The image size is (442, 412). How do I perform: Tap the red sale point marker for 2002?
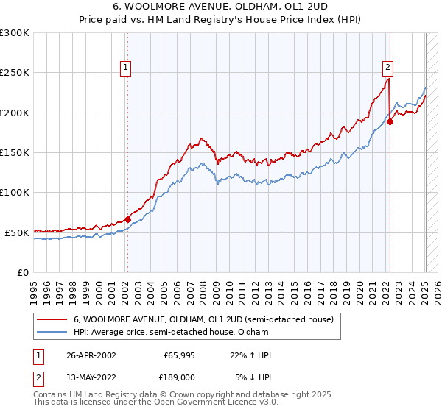point(127,219)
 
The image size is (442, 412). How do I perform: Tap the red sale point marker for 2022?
point(390,121)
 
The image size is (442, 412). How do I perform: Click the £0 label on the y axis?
point(23,272)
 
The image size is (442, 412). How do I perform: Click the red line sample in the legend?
point(52,320)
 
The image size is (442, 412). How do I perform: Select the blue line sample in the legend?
point(52,332)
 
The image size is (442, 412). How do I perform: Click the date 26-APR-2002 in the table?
point(91,355)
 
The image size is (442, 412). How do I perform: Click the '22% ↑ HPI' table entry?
point(251,355)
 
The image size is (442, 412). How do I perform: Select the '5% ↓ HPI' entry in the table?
point(253,376)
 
